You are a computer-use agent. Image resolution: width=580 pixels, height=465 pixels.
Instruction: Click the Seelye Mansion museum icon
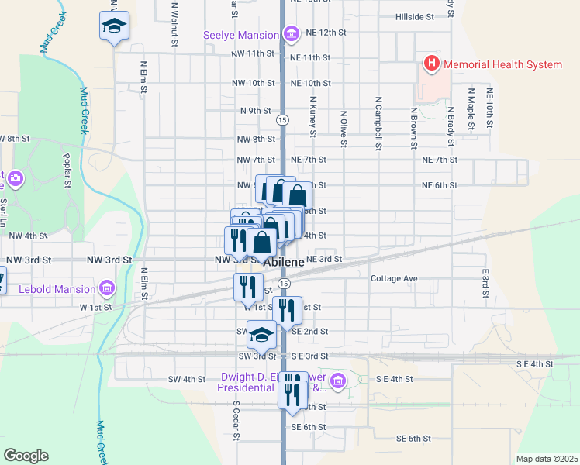[x=292, y=34]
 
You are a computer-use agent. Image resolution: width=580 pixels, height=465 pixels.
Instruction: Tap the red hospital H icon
[x=431, y=64]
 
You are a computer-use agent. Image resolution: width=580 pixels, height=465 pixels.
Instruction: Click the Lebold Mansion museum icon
[x=107, y=289]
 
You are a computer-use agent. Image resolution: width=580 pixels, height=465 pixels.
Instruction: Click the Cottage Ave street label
[x=394, y=278]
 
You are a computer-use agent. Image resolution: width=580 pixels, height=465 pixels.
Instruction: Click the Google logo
[x=26, y=455]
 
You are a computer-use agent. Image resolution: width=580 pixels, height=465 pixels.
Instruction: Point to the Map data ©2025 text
[x=546, y=459]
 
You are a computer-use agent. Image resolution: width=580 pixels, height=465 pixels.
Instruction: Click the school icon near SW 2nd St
[x=261, y=335]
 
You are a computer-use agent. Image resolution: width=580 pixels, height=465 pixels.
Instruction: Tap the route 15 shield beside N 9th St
[x=283, y=120]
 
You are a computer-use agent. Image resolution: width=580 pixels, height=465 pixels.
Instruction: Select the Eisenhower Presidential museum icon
[x=337, y=381]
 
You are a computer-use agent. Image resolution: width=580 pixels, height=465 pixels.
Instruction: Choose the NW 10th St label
[x=254, y=83]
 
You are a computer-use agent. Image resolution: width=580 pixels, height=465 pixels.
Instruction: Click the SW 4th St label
[x=186, y=379]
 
